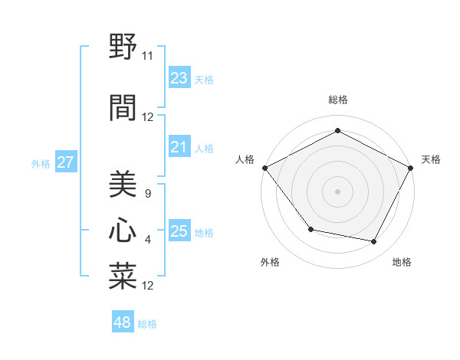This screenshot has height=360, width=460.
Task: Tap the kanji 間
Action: [x=122, y=106]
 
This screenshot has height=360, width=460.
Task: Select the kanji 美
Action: [x=122, y=185]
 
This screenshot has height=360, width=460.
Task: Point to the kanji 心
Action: [x=122, y=231]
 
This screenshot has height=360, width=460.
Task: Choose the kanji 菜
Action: [x=122, y=277]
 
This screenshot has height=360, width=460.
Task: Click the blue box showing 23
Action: [x=179, y=78]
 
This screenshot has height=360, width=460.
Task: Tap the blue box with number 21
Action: [x=179, y=147]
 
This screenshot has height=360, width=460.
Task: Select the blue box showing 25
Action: [x=179, y=231]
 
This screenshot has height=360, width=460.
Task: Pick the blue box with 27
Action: [x=65, y=162]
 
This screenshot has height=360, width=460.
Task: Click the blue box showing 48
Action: [x=123, y=322]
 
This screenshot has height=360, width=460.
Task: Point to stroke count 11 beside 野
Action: [x=148, y=55]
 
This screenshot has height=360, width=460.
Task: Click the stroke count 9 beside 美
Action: [x=147, y=194]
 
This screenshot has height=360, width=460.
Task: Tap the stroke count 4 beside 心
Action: [x=147, y=240]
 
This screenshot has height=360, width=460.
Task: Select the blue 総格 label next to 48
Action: [x=147, y=324]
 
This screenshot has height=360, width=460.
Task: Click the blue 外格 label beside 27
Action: [x=41, y=163]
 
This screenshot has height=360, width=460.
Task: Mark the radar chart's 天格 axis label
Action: [x=431, y=159]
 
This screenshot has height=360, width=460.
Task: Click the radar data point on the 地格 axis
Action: [x=374, y=242]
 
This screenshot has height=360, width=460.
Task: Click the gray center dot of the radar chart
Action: [x=337, y=191]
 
